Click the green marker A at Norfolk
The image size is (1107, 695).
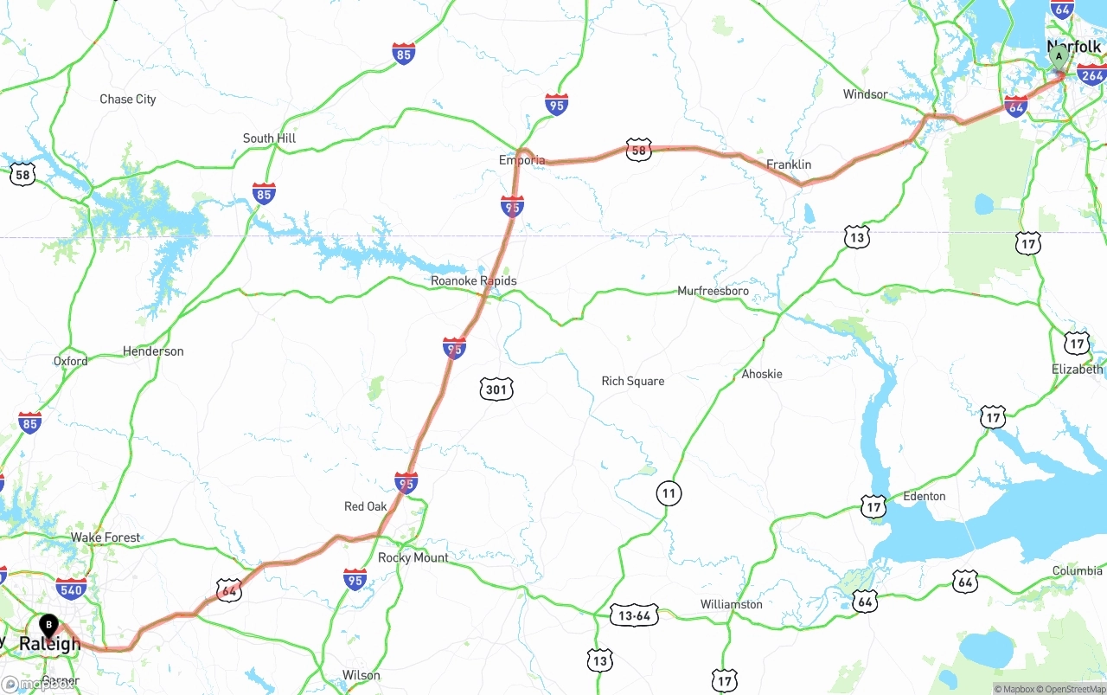tap(1058, 58)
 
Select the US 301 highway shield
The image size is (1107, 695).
tap(496, 389)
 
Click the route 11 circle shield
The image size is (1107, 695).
tap(669, 493)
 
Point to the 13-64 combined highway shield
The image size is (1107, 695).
tap(634, 615)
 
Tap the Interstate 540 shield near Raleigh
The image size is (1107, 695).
tap(71, 591)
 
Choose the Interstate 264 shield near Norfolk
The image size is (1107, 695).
tap(1091, 75)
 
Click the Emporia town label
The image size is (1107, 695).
tap(522, 160)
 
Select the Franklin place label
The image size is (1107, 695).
tap(789, 164)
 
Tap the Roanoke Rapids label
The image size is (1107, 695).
tap(474, 281)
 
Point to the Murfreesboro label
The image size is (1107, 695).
tap(713, 291)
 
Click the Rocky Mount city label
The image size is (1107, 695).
tap(413, 557)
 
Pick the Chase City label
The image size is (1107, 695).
tap(128, 100)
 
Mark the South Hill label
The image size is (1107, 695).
tap(269, 138)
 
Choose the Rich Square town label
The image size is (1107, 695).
tap(633, 381)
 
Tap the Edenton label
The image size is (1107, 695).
tap(924, 496)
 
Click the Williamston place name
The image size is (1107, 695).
tap(731, 604)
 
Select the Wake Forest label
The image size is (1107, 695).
tap(106, 537)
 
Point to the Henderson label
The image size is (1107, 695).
tap(153, 351)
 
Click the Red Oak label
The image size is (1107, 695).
tap(366, 506)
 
